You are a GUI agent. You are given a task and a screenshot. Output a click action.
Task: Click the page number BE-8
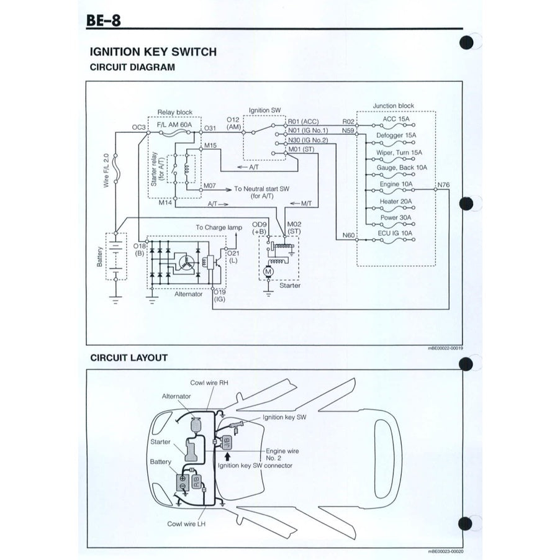pyautogui.click(x=104, y=21)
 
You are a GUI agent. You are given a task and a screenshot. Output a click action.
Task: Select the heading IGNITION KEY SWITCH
pyautogui.click(x=153, y=52)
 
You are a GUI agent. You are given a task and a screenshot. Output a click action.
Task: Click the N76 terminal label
pyautogui.click(x=445, y=184)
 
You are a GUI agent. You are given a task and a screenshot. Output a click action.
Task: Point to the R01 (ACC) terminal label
pyautogui.click(x=304, y=122)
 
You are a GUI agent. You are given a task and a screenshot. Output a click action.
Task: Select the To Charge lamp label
pyautogui.click(x=219, y=227)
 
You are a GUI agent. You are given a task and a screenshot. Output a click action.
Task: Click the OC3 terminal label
pyautogui.click(x=138, y=127)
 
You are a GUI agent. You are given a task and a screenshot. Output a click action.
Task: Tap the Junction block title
pyautogui.click(x=393, y=106)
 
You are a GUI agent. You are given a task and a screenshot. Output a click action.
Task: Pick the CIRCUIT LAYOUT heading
pyautogui.click(x=129, y=358)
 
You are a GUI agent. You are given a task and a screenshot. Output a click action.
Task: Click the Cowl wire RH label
pyautogui.click(x=209, y=383)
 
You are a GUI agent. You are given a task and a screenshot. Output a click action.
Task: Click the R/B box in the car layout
pyautogui.click(x=196, y=482)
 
